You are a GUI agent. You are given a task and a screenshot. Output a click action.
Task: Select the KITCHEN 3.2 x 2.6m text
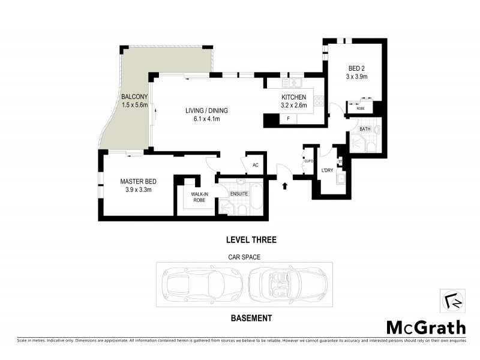[294, 98]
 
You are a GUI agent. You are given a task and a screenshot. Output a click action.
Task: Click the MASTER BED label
[139, 182]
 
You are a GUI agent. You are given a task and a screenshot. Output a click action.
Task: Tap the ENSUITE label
[239, 194]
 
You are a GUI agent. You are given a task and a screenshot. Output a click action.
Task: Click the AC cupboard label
[255, 165]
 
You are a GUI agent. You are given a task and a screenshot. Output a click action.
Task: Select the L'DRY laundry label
[327, 170]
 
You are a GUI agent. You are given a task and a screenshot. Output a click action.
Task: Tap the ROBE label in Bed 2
[360, 109]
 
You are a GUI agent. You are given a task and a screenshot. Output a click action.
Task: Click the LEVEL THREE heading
[250, 240]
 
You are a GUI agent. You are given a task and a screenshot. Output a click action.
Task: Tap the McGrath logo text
[425, 327]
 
